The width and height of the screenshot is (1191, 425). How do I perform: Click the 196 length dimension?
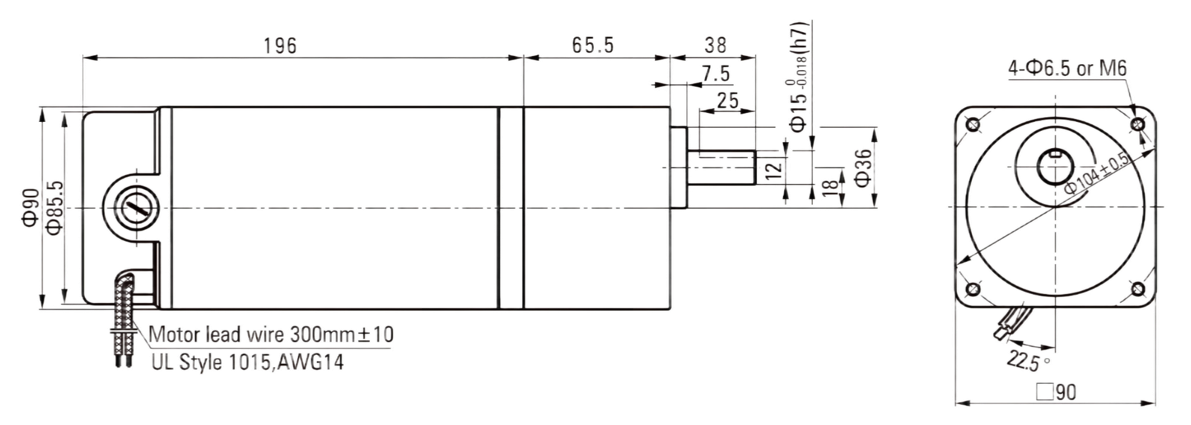[x=280, y=45]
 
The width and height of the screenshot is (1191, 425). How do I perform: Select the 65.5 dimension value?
[x=593, y=45]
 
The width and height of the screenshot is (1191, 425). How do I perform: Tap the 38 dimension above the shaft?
[x=715, y=45]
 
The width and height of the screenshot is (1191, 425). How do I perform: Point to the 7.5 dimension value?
[x=716, y=74]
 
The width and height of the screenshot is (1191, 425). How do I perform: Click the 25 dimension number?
[x=727, y=100]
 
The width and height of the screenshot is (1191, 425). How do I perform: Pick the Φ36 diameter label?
[x=863, y=167]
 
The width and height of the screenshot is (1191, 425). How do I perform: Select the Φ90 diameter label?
[x=31, y=207]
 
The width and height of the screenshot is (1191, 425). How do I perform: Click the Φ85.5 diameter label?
[x=55, y=207]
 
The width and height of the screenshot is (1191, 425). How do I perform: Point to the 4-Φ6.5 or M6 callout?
[x=1067, y=68]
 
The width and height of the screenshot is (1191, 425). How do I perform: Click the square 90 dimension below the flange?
[x=1056, y=392]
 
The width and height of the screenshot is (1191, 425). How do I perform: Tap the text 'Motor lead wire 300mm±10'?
[x=271, y=335]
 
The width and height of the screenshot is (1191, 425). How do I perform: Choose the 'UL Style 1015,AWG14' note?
[x=248, y=362]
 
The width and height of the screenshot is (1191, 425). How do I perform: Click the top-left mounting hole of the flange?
[x=973, y=125]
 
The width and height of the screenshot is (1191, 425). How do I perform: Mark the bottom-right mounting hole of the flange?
[x=1137, y=289]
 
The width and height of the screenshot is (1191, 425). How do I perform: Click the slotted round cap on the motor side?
[x=136, y=208]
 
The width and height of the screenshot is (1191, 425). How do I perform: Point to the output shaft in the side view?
[x=721, y=167]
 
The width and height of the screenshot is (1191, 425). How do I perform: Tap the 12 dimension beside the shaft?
[x=774, y=167]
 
